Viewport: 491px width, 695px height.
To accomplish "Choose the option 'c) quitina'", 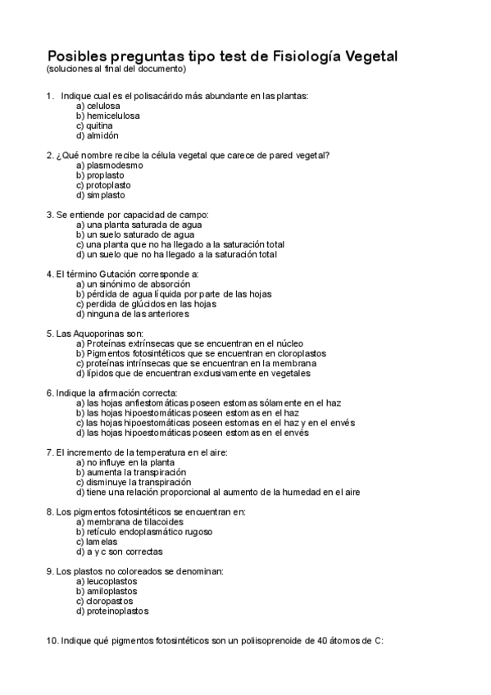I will [94, 125].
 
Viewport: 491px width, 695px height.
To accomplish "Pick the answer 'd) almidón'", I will [97, 135].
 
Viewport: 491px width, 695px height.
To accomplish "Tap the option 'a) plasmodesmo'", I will [109, 165].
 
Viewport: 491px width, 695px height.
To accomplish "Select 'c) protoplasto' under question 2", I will [106, 185].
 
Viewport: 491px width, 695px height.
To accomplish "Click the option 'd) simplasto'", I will [100, 195].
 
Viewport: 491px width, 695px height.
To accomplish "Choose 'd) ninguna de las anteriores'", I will [132, 313].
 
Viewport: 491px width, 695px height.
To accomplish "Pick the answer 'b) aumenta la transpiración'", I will [130, 472].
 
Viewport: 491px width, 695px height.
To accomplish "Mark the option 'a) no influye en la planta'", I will [125, 462].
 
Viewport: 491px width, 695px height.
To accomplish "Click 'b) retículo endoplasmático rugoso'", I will [144, 532].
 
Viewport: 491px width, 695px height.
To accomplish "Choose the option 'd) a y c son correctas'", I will [119, 552].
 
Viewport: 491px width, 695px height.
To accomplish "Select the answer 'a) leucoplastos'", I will [106, 581].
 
